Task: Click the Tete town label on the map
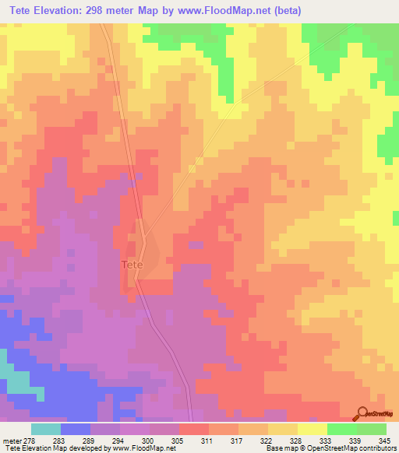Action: [132, 265]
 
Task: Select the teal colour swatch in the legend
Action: [46, 429]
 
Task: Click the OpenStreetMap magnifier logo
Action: [363, 414]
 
